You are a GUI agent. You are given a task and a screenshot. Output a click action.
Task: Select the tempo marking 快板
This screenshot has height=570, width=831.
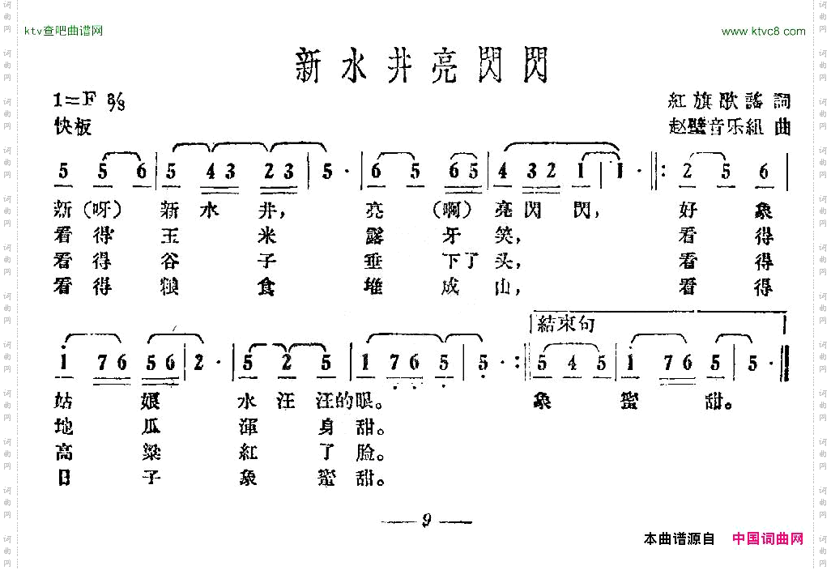point(73,127)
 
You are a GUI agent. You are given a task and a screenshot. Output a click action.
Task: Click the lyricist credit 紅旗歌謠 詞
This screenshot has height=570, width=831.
point(728,101)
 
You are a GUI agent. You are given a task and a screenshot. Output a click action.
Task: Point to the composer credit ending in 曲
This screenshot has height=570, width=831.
point(728,127)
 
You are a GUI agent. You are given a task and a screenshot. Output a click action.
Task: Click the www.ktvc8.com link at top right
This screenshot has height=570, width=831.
point(763,32)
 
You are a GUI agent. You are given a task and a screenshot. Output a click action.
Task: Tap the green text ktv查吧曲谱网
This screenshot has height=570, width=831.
point(64,32)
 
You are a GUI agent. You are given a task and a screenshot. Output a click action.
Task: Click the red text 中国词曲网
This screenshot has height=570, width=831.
point(767,538)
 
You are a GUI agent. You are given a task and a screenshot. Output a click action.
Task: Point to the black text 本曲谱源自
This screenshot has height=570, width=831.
point(679,538)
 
